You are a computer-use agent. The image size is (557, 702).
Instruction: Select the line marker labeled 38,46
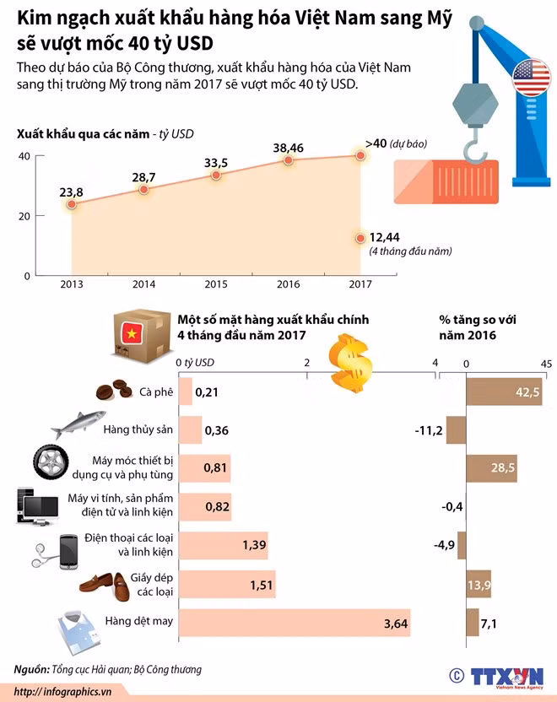point(289,159)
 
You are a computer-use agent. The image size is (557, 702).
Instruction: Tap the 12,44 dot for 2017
point(360,238)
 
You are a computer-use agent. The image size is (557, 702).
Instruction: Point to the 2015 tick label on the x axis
point(216,284)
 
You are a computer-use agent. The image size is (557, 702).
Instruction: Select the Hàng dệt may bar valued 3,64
point(295,623)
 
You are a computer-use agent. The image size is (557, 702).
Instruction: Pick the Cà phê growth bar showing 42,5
point(504,391)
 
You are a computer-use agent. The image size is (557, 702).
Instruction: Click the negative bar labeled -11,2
point(457,430)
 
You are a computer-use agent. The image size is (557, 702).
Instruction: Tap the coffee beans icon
point(115,390)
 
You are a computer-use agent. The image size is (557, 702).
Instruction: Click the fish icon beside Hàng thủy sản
point(78,424)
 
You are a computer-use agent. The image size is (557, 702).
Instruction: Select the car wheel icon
point(51,462)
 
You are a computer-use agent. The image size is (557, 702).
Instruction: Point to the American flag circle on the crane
point(531,78)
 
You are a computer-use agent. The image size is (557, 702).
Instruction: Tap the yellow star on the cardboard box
point(132,333)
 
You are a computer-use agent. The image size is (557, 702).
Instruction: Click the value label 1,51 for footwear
point(262,585)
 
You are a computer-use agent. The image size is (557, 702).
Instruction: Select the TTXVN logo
point(507,677)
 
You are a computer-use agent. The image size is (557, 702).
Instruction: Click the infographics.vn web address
point(62,691)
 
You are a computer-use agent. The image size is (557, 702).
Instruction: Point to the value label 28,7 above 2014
point(143,178)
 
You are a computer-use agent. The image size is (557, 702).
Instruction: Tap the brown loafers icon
point(105,585)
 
